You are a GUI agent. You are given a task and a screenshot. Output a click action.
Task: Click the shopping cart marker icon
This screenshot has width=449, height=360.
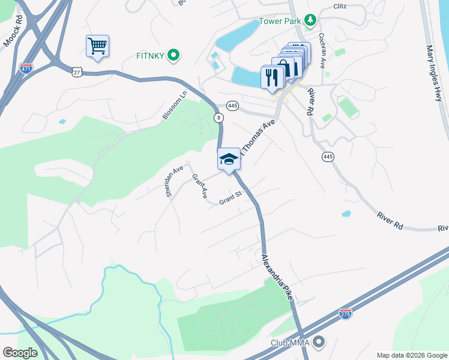coord(97,46)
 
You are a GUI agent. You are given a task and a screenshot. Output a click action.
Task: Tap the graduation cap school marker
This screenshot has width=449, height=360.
coord(229,159)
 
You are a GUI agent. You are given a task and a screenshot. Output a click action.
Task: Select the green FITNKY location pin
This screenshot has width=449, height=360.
coord(174,56)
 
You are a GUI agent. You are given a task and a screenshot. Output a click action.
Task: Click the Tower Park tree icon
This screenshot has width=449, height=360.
coord(310,22)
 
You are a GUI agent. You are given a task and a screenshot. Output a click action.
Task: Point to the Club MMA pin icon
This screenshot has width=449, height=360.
coord(319,342)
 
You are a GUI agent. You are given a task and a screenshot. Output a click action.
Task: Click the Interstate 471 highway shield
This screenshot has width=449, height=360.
coord(26,67)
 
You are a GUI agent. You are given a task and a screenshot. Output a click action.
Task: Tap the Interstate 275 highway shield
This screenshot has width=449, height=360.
coord(345,313)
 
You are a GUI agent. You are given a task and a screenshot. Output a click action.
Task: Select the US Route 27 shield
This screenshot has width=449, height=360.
coord(76,72)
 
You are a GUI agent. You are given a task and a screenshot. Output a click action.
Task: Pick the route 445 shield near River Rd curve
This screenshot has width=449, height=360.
coord(328,157)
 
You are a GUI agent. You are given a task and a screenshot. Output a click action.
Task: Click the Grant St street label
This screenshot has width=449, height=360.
coord(230,198)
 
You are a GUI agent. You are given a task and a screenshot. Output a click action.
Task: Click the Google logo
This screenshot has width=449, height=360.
coord(20,352)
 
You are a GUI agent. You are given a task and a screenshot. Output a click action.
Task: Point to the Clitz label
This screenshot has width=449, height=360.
coord(341,7)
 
